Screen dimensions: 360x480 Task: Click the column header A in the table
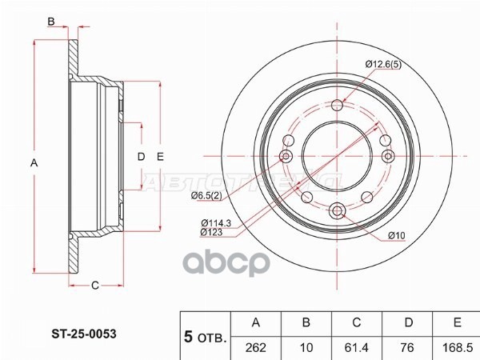coord(257,322)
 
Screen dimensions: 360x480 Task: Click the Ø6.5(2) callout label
coord(207,195)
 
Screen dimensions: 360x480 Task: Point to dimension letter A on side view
coord(34,162)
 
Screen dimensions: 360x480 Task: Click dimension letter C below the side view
coord(94,286)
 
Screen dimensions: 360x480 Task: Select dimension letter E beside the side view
coord(160,157)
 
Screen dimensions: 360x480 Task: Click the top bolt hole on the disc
coord(337,104)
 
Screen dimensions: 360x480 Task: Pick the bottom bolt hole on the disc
coord(337,210)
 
